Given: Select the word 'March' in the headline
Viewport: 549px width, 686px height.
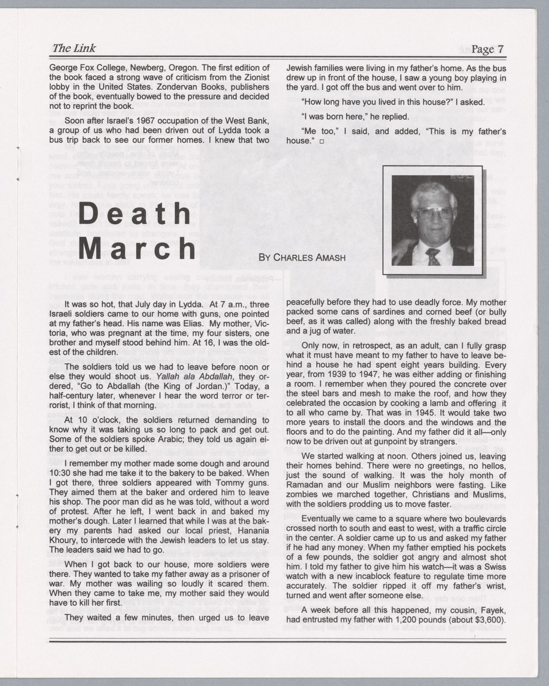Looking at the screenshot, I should [137, 249].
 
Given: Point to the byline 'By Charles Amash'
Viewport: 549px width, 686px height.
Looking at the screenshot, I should [301, 257].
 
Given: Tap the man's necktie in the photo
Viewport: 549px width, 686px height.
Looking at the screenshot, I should [433, 255].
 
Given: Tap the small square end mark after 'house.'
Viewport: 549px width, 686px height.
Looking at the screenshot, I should [321, 141].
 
